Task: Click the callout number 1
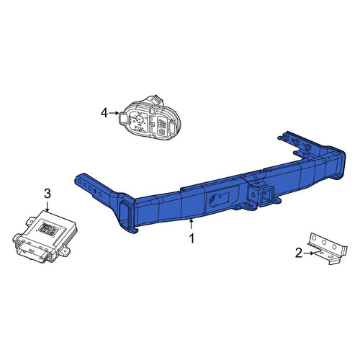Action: [192, 239]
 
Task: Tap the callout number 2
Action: [299, 253]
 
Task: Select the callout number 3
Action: [48, 194]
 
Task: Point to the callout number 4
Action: [104, 113]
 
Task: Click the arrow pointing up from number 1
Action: [191, 224]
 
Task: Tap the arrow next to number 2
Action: [309, 253]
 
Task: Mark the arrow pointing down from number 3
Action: [48, 207]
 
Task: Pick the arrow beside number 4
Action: [114, 113]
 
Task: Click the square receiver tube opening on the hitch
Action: [268, 196]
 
